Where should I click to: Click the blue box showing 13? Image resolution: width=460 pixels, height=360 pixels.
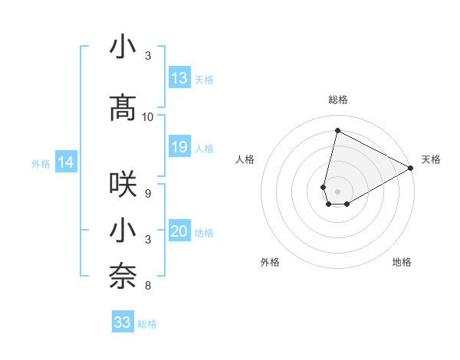click(x=179, y=77)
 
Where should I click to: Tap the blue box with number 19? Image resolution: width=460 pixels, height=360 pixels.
click(x=179, y=147)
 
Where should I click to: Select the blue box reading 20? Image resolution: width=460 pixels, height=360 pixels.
click(x=179, y=232)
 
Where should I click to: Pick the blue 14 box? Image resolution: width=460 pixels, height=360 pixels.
click(x=66, y=162)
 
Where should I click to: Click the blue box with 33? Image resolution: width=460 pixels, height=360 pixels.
click(x=123, y=322)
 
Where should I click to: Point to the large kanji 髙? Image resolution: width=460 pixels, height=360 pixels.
click(x=123, y=108)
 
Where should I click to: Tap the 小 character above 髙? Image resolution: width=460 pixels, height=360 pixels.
click(x=123, y=47)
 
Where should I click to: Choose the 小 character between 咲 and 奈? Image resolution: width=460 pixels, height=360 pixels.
click(x=123, y=231)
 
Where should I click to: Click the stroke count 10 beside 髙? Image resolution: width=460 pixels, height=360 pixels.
click(x=148, y=117)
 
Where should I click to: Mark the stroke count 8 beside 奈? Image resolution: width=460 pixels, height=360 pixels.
click(x=148, y=286)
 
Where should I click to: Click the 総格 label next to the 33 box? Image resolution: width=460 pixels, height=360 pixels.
click(x=147, y=324)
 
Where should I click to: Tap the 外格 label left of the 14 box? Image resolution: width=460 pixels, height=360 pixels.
click(x=41, y=163)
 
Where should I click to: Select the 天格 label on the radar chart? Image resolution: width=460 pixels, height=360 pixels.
click(x=431, y=159)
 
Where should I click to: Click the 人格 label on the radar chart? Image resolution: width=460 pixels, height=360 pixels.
click(x=245, y=159)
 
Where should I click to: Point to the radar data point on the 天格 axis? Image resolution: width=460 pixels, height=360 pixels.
click(x=411, y=168)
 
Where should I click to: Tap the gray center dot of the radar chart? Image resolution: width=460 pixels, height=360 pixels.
click(x=337, y=191)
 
